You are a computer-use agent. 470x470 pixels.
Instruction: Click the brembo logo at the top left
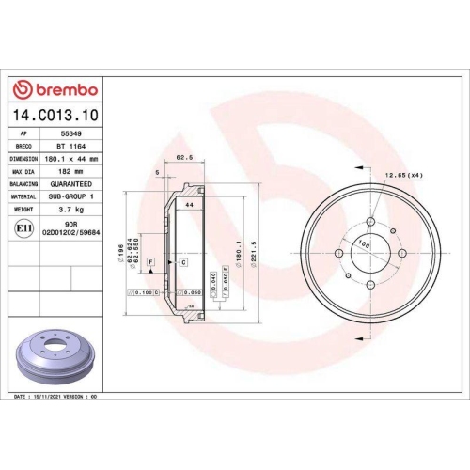click(x=54, y=89)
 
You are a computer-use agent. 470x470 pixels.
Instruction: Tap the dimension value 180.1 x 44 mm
click(x=72, y=159)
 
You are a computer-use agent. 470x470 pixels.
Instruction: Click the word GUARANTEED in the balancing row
click(x=72, y=184)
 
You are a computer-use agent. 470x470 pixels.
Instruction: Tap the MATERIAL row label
click(x=23, y=196)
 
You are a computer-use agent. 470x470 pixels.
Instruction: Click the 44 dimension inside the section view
click(x=188, y=204)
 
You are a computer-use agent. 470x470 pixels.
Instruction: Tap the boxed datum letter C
click(x=183, y=260)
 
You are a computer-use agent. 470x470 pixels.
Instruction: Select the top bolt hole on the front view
click(x=370, y=222)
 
